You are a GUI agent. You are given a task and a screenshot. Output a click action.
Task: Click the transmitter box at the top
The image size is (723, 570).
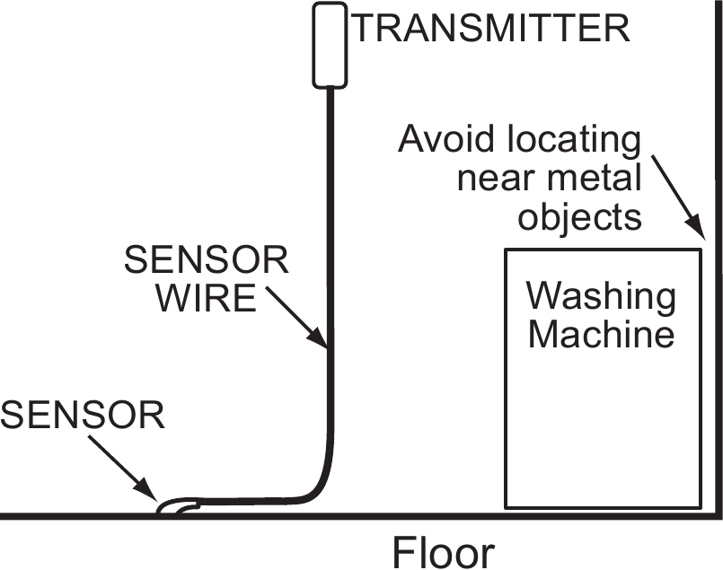330,46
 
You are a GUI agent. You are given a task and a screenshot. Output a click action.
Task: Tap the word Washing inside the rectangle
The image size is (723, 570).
601,296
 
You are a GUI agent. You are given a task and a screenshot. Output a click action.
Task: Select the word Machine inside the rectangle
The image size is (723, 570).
601,335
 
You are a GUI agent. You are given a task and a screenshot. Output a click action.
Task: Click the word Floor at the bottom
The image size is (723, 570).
442,550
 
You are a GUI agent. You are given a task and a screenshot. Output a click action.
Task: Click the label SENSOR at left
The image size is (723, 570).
83,416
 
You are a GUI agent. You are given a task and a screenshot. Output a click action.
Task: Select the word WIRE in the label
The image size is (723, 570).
207,299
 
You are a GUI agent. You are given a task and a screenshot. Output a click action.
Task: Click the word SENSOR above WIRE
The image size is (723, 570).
207,261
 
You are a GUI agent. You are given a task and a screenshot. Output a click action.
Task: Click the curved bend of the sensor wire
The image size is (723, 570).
320,489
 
